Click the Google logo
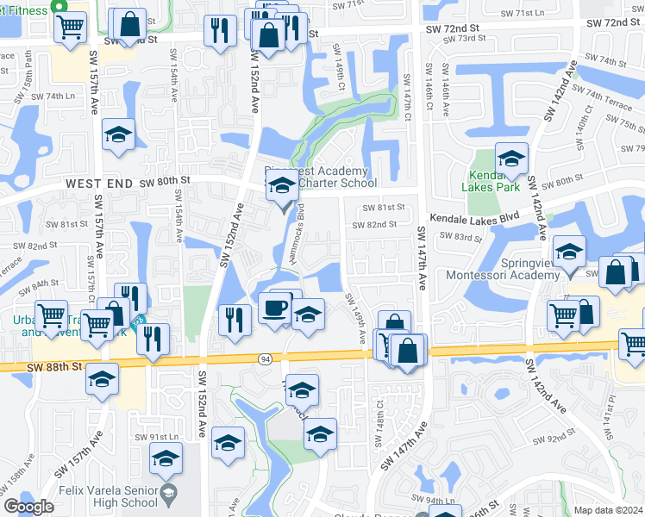[x=28, y=507]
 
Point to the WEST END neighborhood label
[x=98, y=184]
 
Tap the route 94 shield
[x=266, y=358]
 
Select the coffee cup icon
[x=275, y=307]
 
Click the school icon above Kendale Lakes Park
[x=511, y=159]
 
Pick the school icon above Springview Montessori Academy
[x=569, y=252]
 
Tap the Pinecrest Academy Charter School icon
[x=281, y=184]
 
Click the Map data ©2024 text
[x=608, y=509]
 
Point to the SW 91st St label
[x=155, y=437]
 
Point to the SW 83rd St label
[x=458, y=235]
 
